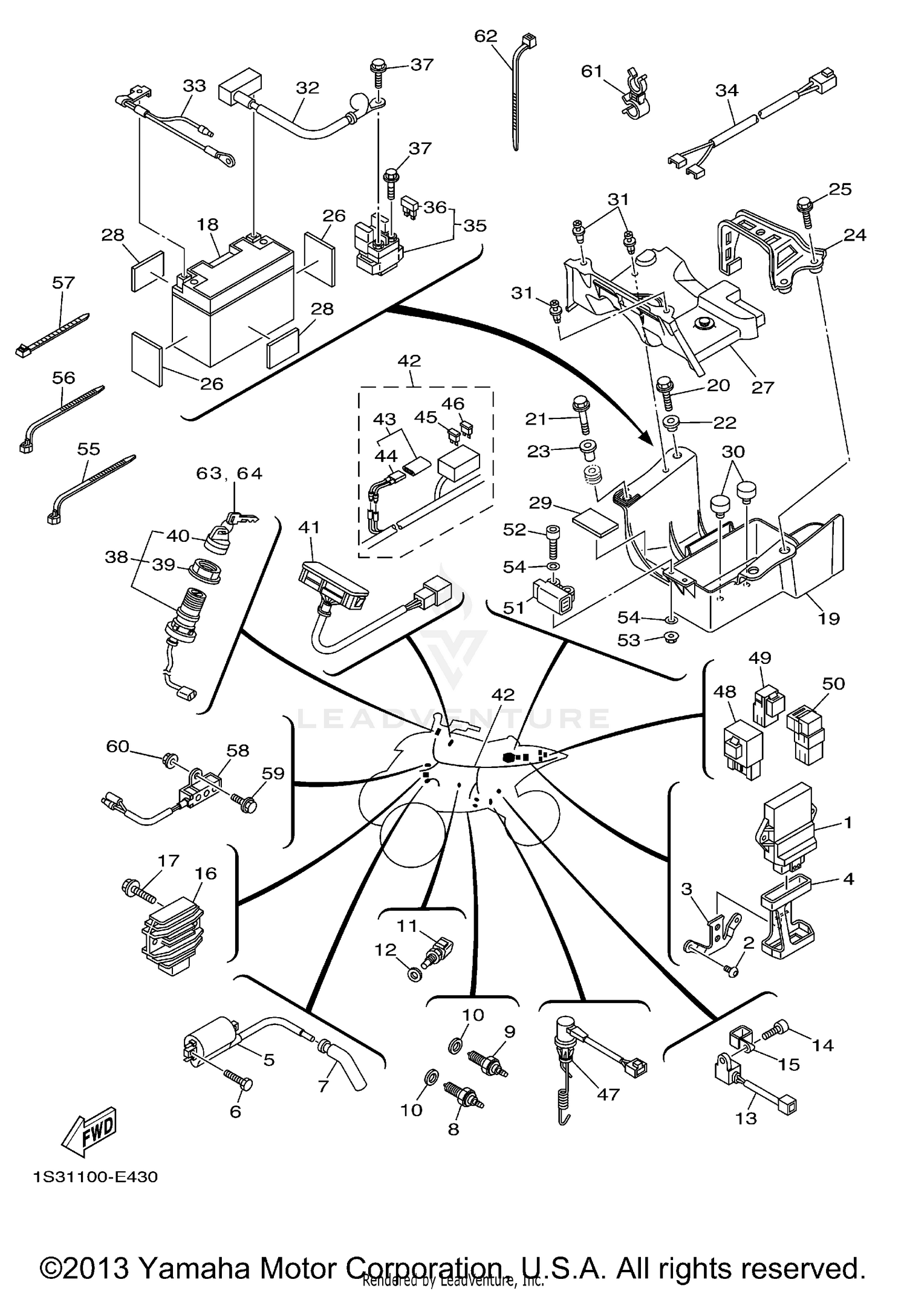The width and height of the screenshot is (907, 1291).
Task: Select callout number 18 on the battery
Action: coord(207,224)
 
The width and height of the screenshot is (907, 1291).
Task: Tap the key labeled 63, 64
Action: coord(242,518)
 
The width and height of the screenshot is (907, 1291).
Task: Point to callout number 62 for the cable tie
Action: coord(485,36)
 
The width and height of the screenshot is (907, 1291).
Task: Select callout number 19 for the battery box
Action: coord(828,618)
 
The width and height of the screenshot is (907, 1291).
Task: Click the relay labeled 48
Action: coord(743,747)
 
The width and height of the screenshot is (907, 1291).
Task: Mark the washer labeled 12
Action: coord(415,974)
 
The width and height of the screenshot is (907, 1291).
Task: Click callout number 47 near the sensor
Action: coord(608,1094)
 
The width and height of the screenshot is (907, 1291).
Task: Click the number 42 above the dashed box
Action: coord(409,360)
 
